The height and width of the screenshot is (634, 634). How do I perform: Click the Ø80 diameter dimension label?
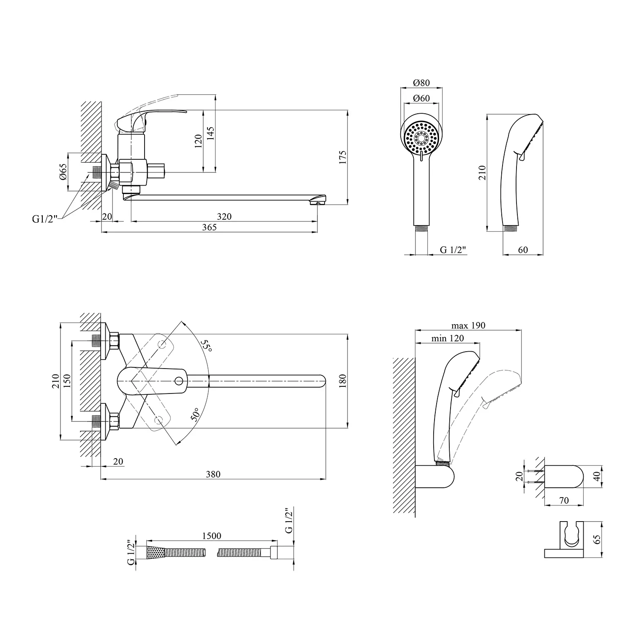[x=421, y=82]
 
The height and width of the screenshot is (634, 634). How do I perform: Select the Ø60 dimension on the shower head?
[x=421, y=98]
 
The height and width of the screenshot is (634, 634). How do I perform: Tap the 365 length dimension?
[x=209, y=227]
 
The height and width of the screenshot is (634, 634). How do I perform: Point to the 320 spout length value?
[x=224, y=216]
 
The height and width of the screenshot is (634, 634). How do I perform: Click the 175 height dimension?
[x=342, y=157]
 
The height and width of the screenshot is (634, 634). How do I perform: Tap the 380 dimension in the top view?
[x=213, y=474]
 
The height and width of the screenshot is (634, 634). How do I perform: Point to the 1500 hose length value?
[x=212, y=536]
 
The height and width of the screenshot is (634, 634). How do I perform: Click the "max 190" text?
[x=468, y=325]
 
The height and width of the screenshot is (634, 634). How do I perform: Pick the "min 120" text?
[x=448, y=338]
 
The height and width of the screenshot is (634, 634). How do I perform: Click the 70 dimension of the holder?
[x=564, y=501]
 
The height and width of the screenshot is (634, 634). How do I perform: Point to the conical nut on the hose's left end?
[x=155, y=552]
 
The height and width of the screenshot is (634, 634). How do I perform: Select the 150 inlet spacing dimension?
[x=67, y=382]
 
